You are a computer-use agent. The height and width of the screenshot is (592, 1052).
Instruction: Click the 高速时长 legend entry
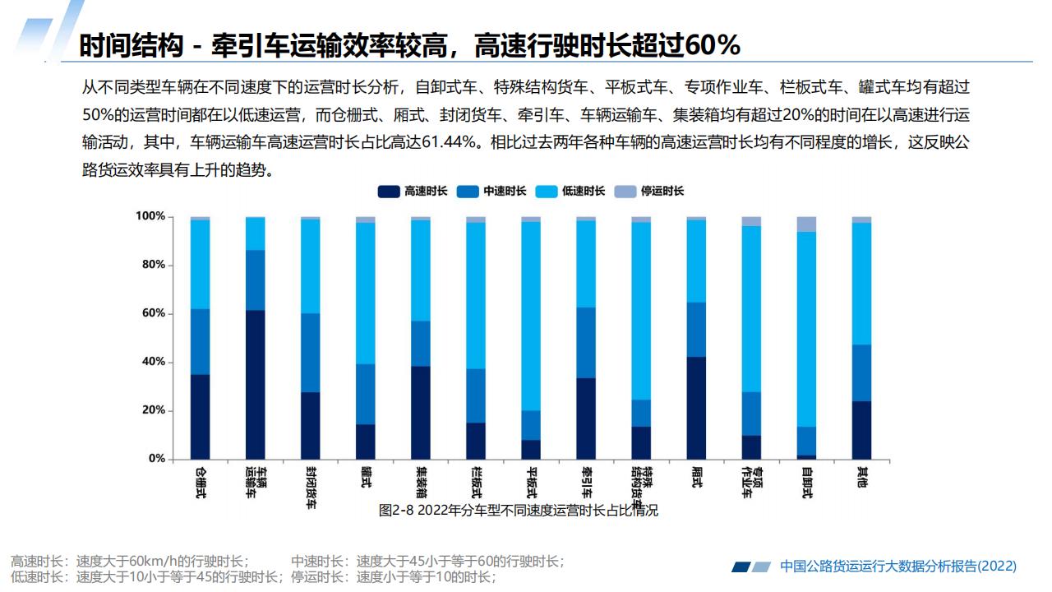413,191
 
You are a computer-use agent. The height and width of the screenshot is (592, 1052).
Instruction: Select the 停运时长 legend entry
651,191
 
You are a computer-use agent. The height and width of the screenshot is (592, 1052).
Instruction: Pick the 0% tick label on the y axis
155,459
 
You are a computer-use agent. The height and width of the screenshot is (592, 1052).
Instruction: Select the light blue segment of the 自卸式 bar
806,329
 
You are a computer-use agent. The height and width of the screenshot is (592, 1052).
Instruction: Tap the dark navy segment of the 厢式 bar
696,408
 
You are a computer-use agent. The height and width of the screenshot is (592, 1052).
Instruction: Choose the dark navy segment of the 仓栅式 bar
200,416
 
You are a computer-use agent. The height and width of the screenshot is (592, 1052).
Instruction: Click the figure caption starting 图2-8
518,511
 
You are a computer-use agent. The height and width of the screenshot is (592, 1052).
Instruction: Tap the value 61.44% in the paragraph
450,141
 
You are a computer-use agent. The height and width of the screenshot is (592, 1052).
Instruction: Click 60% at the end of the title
712,46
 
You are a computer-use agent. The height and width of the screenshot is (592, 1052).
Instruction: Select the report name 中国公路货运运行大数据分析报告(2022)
897,567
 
